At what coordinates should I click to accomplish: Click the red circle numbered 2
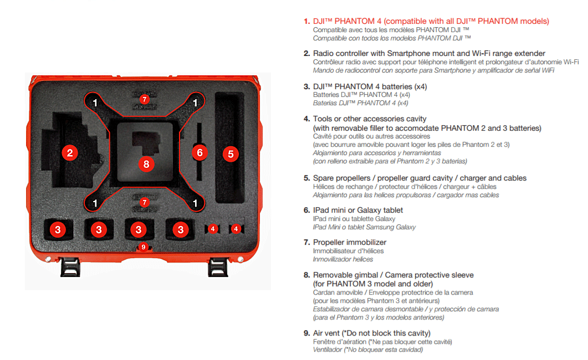click(69, 153)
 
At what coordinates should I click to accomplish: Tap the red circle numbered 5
click(231, 153)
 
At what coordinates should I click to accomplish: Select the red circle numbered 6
click(200, 152)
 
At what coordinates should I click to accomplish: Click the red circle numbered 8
click(146, 163)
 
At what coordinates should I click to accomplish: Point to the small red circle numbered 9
click(144, 247)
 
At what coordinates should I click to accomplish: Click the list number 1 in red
click(306, 22)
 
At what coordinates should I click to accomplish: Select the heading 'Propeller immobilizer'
click(350, 242)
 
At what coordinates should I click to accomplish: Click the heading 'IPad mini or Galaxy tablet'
click(358, 210)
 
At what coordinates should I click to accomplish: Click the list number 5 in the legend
click(306, 178)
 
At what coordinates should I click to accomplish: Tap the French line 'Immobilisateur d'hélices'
click(348, 251)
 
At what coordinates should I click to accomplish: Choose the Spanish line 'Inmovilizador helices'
click(343, 259)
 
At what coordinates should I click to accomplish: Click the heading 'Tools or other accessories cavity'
click(370, 119)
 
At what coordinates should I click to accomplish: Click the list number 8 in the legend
click(306, 275)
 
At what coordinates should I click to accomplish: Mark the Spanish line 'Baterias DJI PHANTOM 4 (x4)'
click(360, 103)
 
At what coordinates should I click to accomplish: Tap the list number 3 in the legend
click(306, 87)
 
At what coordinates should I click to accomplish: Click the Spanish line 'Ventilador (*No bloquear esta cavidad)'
click(368, 349)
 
